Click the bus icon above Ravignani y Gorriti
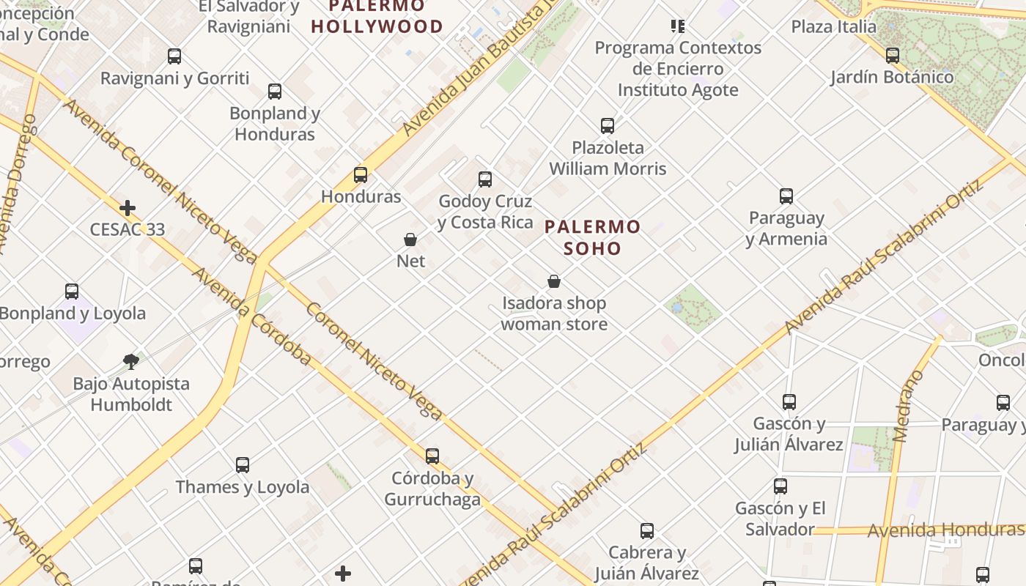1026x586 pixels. click(x=174, y=56)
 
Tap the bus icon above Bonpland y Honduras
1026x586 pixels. click(x=275, y=92)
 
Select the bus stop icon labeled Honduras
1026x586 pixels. click(x=361, y=175)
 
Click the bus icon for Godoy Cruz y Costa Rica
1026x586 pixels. click(x=484, y=179)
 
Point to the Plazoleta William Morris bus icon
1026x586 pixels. click(x=608, y=126)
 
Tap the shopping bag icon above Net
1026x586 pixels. click(x=410, y=240)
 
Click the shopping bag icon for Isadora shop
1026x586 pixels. click(x=554, y=281)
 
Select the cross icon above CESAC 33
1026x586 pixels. click(x=128, y=208)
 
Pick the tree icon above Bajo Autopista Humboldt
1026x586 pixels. click(x=131, y=361)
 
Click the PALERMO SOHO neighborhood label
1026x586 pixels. click(x=593, y=237)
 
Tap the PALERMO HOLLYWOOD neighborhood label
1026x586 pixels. click(x=377, y=16)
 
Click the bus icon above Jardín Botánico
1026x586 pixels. click(x=893, y=56)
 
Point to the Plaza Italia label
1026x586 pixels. click(x=833, y=27)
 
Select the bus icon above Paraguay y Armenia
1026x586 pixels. click(x=786, y=196)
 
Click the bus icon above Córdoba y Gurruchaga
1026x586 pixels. click(x=432, y=456)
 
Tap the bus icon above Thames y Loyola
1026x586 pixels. click(x=243, y=465)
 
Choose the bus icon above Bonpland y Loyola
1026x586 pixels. click(x=72, y=292)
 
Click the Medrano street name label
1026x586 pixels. click(x=909, y=406)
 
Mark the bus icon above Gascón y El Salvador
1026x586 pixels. click(x=780, y=486)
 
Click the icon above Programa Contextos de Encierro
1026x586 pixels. click(x=678, y=26)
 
